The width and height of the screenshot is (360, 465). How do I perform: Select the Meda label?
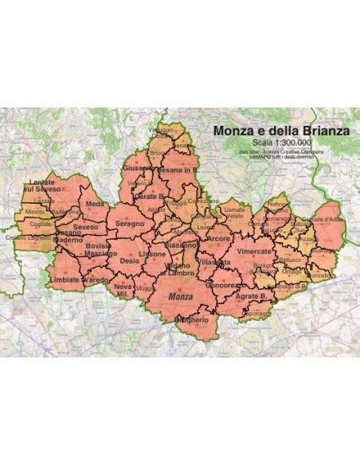95,205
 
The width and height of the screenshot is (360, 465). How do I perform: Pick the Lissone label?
152,254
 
